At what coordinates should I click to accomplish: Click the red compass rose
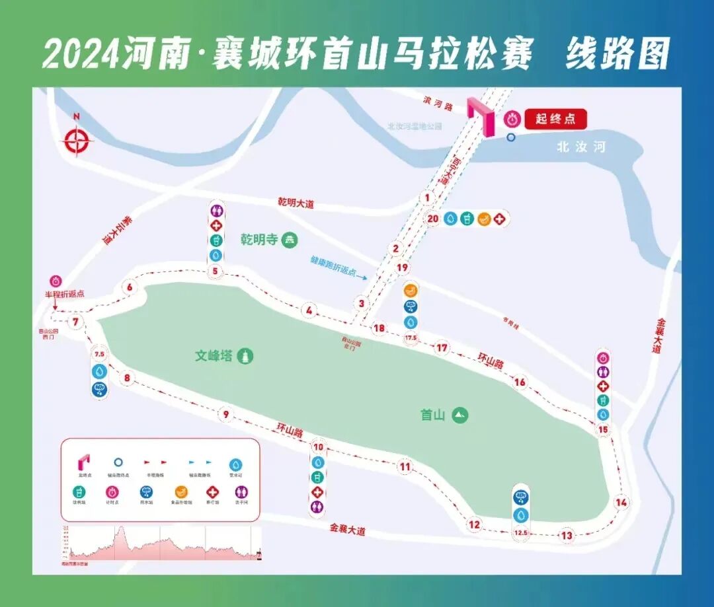pos(77,140)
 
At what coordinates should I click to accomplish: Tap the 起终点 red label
pos(555,120)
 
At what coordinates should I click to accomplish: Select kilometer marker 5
pos(215,271)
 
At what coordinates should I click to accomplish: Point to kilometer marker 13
pos(567,536)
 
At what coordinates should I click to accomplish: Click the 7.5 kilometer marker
pos(100,355)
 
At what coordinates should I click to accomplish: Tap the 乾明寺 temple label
pos(259,240)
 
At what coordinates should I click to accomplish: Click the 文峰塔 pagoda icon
pos(246,356)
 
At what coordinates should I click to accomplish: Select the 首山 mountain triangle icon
pos(460,415)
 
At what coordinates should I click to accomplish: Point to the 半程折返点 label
pos(63,295)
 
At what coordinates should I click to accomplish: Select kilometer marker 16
pos(520,382)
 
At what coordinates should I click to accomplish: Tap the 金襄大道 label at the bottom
pos(347,530)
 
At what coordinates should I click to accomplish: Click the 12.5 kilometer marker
pos(521,532)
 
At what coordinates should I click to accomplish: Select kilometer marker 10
pos(319,446)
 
